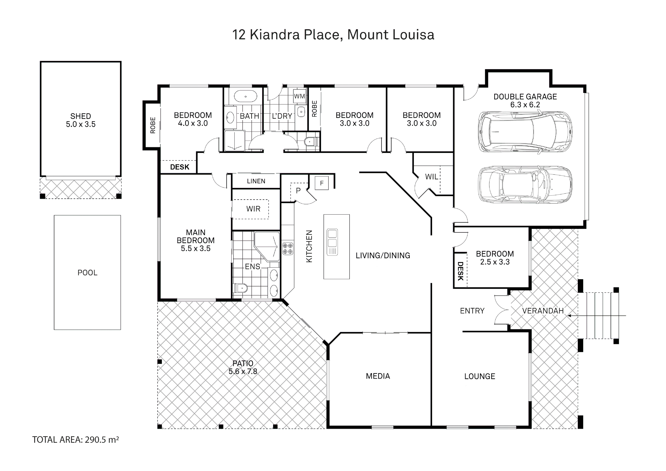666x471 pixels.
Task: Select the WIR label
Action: coord(253,209)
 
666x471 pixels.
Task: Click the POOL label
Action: coord(87,273)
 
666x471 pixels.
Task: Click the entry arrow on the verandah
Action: coord(597,316)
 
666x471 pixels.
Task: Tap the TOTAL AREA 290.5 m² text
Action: coord(75,440)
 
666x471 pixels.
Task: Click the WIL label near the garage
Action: coord(432,177)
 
